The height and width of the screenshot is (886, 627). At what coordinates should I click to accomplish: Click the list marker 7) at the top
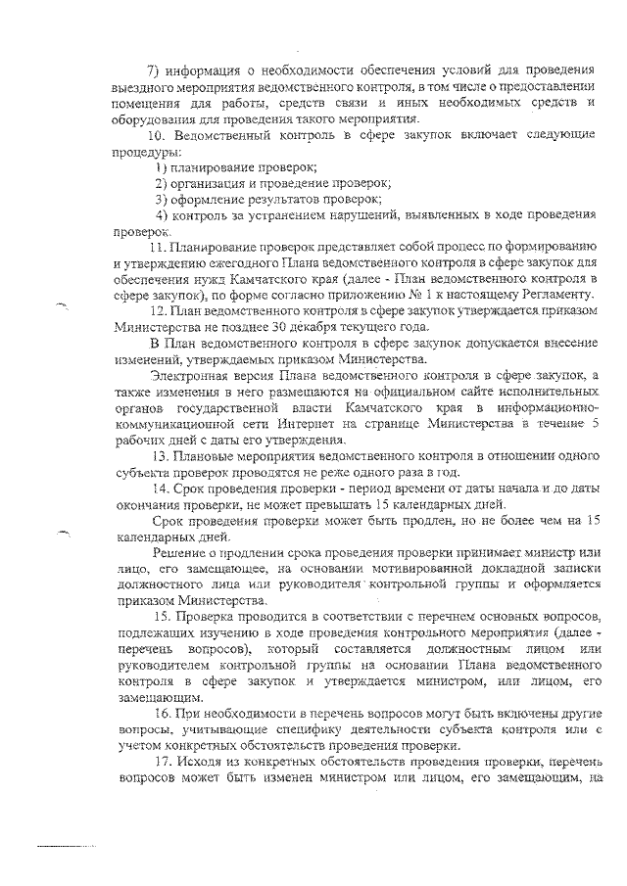point(153,69)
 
